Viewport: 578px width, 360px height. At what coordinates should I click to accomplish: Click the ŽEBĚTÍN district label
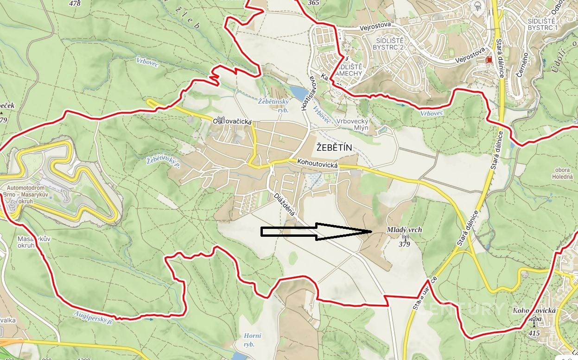pos(334,148)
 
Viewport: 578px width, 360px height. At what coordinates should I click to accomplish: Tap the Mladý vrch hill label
pos(404,230)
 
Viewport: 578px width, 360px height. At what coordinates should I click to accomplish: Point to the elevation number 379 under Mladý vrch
pos(404,244)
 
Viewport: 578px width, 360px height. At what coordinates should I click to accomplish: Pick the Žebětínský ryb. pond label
pos(273,106)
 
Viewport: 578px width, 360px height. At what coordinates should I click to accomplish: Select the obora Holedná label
pos(563,173)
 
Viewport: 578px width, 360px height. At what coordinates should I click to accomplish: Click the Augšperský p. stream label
pos(94,318)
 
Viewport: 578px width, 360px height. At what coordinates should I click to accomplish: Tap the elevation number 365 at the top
pos(313,3)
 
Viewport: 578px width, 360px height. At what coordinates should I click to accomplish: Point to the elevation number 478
pos(74,3)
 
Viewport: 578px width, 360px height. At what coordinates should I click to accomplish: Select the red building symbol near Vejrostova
pos(488,59)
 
